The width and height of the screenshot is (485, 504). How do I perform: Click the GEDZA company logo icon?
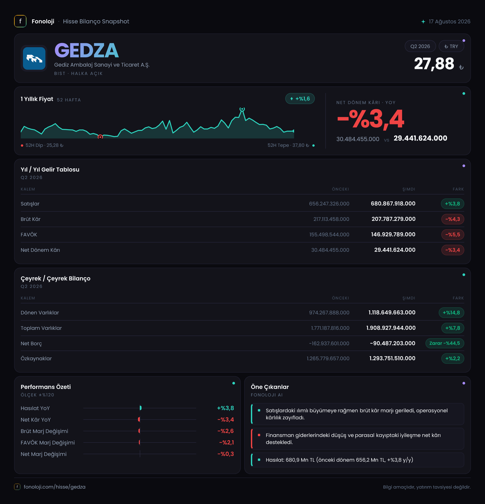[34, 58]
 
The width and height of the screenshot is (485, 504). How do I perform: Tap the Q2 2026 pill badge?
[420, 46]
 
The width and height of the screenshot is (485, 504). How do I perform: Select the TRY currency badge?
[451, 46]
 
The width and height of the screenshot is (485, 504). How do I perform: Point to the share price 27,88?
[434, 63]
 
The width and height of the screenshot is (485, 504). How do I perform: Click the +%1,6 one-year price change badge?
[300, 99]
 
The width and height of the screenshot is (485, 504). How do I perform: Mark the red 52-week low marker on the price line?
[100, 137]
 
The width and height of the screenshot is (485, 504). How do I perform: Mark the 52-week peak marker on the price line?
[242, 109]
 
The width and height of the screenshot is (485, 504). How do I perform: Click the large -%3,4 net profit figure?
[371, 119]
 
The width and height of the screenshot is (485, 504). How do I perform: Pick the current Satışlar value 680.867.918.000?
[393, 204]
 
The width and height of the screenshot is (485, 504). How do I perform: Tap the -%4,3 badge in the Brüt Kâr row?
[453, 219]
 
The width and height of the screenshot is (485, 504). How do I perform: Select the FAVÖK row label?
[29, 235]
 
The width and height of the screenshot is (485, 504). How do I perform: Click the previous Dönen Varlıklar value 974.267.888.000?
[329, 312]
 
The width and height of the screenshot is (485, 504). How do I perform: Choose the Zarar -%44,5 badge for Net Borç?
[445, 343]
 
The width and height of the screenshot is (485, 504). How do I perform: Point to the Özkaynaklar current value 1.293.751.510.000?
[392, 358]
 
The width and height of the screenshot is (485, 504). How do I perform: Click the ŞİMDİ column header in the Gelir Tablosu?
[409, 189]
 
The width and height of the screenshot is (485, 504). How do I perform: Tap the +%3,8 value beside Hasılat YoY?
[226, 408]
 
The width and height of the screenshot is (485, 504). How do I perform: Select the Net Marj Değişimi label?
[44, 454]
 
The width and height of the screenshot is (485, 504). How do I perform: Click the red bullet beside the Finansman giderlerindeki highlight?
[259, 435]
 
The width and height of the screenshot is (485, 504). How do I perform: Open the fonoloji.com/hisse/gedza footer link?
[54, 487]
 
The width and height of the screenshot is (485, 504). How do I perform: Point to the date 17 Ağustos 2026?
[450, 22]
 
